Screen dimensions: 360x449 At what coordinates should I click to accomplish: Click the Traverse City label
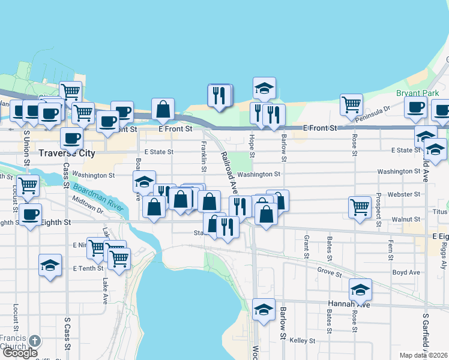pos(67,153)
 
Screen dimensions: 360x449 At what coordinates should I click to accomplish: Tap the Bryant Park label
pos(417,93)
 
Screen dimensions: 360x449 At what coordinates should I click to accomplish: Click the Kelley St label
pos(303,341)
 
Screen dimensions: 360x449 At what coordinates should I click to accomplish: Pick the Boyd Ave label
pos(406,272)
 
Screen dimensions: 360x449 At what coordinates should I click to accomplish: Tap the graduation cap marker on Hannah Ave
pos(360,290)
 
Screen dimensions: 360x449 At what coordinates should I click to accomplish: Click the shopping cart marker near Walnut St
pos(360,207)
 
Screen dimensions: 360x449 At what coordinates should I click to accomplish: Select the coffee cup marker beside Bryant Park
pos(415,106)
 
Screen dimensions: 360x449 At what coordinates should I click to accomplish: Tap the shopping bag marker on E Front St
pos(163,109)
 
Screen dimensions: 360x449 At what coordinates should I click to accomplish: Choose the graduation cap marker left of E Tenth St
pos(50,265)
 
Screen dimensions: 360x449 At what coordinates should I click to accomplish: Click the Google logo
pos(20,353)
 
